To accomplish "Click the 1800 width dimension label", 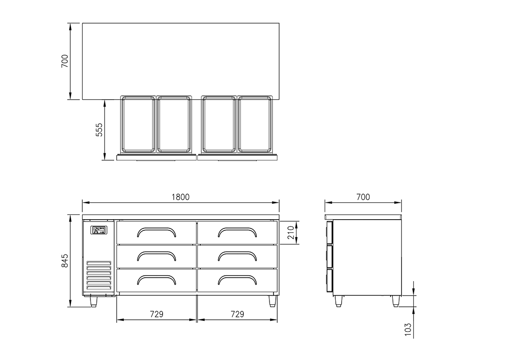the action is tap(180, 197).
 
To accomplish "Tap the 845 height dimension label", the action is tap(65, 261).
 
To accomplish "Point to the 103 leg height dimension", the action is tap(408, 330).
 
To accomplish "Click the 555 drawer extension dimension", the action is tap(99, 130).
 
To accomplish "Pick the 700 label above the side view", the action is tap(363, 197).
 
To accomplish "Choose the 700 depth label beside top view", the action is tap(65, 61).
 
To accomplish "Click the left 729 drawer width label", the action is tap(156, 314).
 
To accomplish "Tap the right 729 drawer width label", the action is tap(237, 314).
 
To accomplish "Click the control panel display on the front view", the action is tap(99, 230).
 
